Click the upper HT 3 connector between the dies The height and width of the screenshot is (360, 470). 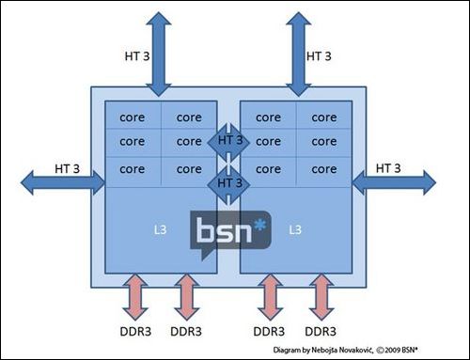coord(229,141)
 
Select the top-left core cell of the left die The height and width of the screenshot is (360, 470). coord(132,117)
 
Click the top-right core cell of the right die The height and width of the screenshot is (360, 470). coord(323,117)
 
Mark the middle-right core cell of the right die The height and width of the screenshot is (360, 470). coord(323,141)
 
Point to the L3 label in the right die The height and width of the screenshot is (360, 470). coord(296,229)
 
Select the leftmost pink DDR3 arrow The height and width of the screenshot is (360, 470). coord(133,298)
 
